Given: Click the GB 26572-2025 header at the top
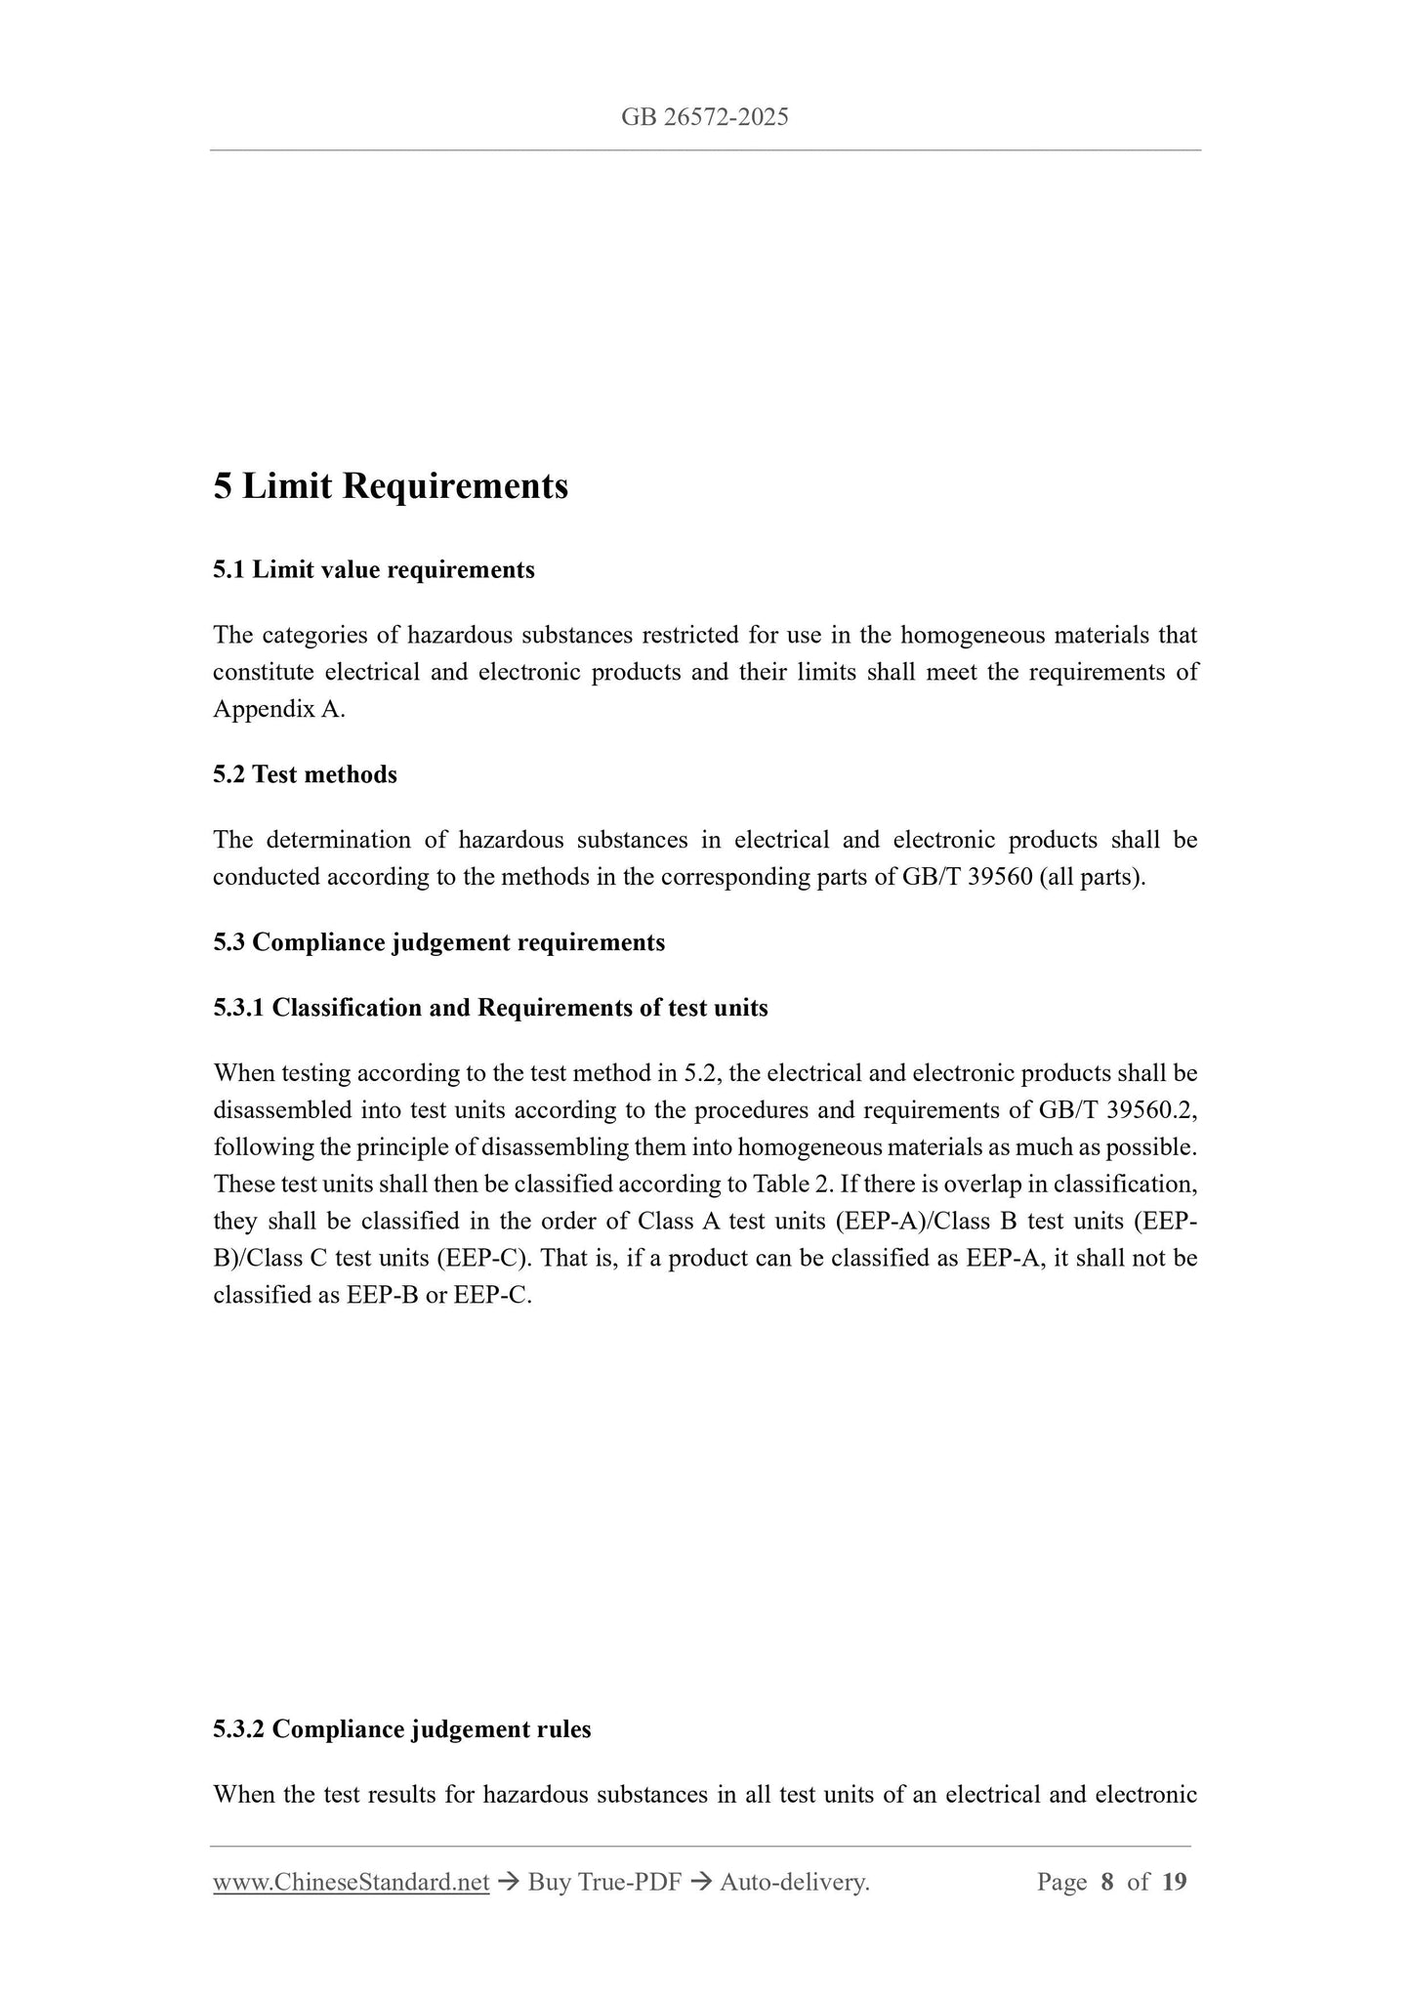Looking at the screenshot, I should [x=704, y=118].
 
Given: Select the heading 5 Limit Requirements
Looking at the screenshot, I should [x=391, y=485].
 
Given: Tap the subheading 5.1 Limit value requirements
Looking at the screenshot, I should [x=374, y=569].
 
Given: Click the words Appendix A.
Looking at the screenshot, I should [x=279, y=709].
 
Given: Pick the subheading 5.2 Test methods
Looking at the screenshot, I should [x=305, y=774].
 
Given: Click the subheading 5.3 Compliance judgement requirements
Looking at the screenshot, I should [x=438, y=942].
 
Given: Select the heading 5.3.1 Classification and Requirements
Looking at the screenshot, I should [x=490, y=1008].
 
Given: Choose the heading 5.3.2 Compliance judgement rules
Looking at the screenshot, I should [x=401, y=1729].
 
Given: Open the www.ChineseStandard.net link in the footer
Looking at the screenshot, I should [x=351, y=1882].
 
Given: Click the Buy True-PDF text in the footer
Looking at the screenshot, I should [x=603, y=1882].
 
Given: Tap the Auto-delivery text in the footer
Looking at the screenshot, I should [x=794, y=1882].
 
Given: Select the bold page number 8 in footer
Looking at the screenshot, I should [x=1106, y=1882].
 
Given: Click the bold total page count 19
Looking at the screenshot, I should [x=1175, y=1882].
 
